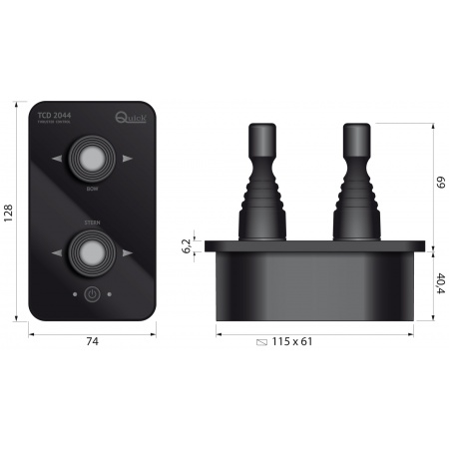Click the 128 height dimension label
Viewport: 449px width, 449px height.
[x=9, y=211]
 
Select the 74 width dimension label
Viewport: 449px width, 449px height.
[x=91, y=341]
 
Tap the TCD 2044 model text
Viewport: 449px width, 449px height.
[x=57, y=115]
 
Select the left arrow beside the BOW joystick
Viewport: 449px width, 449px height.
[x=55, y=159]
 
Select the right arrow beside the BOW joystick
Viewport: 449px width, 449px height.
[x=127, y=159]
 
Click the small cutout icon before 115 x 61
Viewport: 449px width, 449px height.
[x=262, y=342]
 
